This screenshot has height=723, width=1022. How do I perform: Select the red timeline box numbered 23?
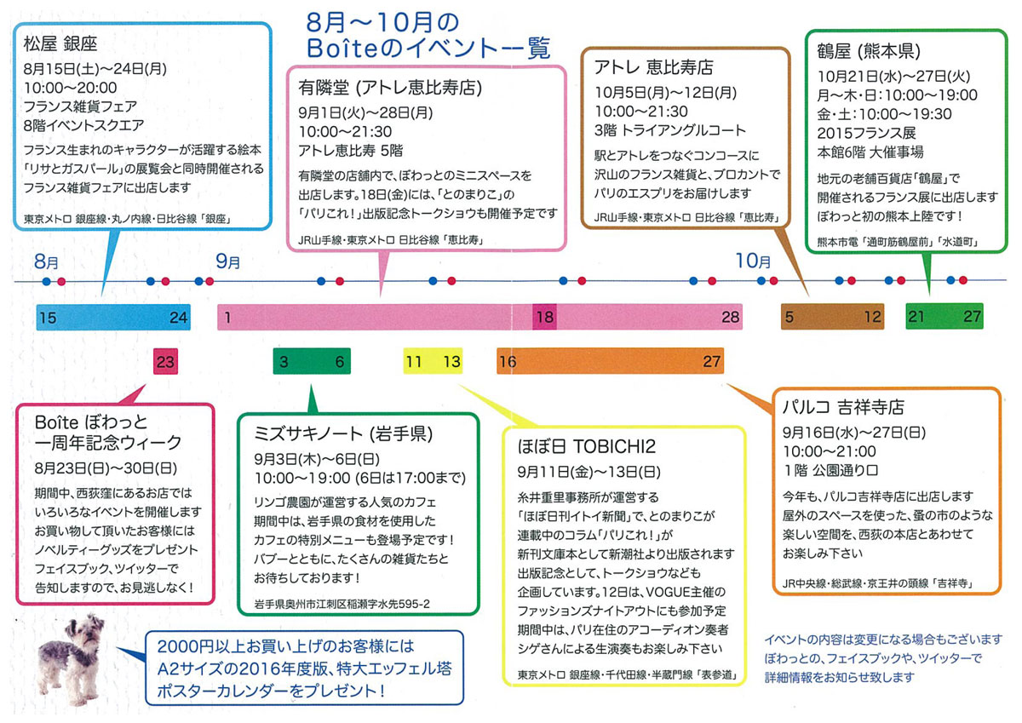pyautogui.click(x=166, y=362)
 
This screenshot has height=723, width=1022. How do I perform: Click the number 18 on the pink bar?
pyautogui.click(x=544, y=317)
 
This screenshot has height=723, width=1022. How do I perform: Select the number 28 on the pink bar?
pyautogui.click(x=730, y=317)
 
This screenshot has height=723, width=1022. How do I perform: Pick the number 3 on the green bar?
pyautogui.click(x=283, y=362)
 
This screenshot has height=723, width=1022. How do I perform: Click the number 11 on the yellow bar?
pyautogui.click(x=414, y=362)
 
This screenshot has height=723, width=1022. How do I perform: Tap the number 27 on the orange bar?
pyautogui.click(x=712, y=362)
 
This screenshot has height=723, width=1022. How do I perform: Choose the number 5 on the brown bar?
pyautogui.click(x=789, y=317)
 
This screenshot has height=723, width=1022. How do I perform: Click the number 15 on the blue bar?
pyautogui.click(x=48, y=318)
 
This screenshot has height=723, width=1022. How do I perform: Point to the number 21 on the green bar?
pyautogui.click(x=916, y=317)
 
